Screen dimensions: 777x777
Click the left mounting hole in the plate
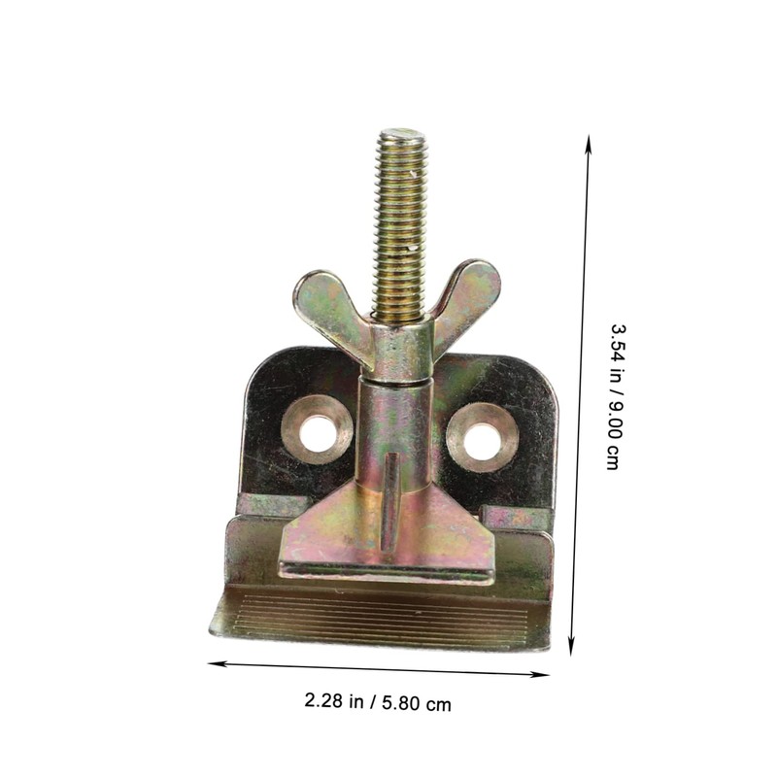pyautogui.click(x=316, y=430)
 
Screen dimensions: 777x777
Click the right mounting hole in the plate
pyautogui.click(x=480, y=441)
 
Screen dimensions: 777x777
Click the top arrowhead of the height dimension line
pyautogui.click(x=588, y=141)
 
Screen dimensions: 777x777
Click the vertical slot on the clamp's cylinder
pyautogui.click(x=389, y=505)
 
